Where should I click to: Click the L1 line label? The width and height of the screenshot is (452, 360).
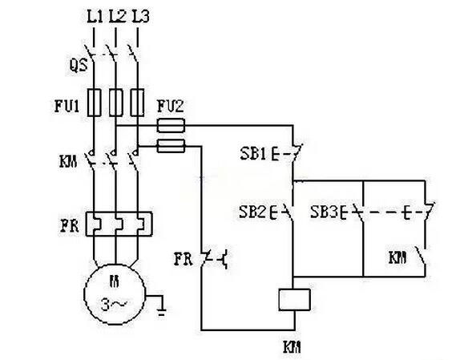[x=95, y=17]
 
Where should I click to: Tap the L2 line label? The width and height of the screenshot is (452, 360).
[x=117, y=17]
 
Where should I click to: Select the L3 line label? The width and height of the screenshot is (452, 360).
[x=140, y=17]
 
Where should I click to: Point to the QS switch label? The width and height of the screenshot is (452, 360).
[x=79, y=66]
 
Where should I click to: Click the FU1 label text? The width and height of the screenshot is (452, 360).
[x=67, y=106]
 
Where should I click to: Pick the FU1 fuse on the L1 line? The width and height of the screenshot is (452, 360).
[x=95, y=103]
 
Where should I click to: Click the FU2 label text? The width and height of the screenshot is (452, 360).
[x=170, y=106]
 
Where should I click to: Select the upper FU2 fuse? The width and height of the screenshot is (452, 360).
[x=171, y=126]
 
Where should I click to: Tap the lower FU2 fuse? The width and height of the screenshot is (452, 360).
[x=171, y=146]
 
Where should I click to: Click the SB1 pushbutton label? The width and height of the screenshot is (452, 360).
[x=252, y=154]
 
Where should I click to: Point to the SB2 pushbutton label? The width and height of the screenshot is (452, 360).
[x=252, y=212]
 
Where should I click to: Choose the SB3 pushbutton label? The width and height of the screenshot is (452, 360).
[x=324, y=212]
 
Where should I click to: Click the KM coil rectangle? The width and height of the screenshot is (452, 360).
[x=294, y=300]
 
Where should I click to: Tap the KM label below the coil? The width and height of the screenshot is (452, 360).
[x=292, y=347]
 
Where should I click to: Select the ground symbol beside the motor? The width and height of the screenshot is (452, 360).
[x=162, y=307]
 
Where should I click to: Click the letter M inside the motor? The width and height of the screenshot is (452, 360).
[x=114, y=281]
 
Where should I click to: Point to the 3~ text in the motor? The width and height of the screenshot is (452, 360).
[x=115, y=305]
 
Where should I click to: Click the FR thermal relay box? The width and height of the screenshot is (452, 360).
[x=119, y=224]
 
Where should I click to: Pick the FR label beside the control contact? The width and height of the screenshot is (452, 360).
[x=183, y=259]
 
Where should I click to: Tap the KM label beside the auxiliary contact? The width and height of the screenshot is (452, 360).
[x=398, y=257]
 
